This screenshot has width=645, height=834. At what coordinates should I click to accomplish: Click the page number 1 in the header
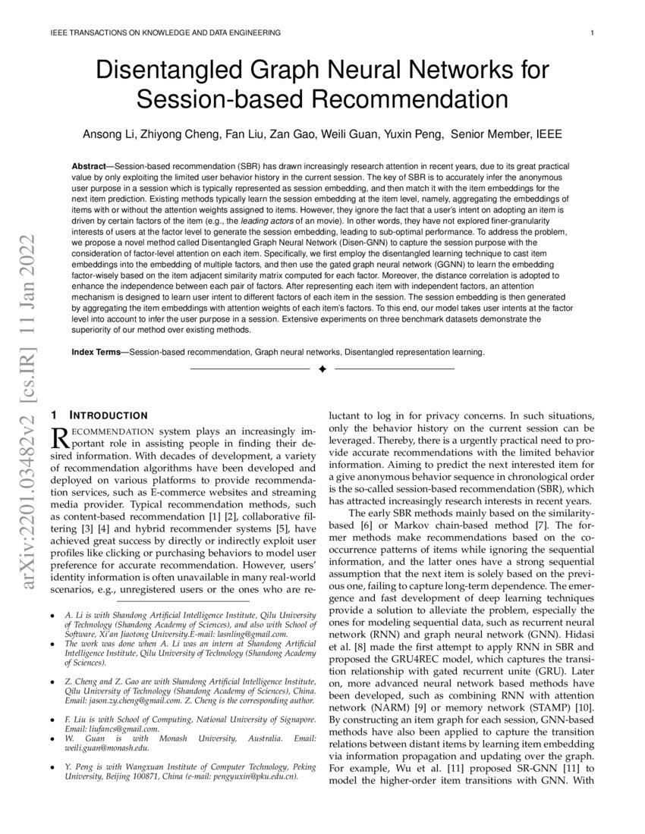click(x=590, y=33)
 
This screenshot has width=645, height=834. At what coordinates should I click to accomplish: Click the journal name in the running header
click(x=165, y=33)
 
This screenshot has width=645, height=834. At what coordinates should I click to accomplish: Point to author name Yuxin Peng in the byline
click(x=414, y=134)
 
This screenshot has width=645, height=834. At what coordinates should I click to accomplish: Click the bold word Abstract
click(x=89, y=165)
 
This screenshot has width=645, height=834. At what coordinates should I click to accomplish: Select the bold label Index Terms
click(x=99, y=352)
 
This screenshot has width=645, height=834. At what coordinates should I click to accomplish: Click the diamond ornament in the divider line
click(x=322, y=369)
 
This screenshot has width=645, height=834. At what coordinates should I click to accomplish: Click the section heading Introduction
click(x=109, y=415)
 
